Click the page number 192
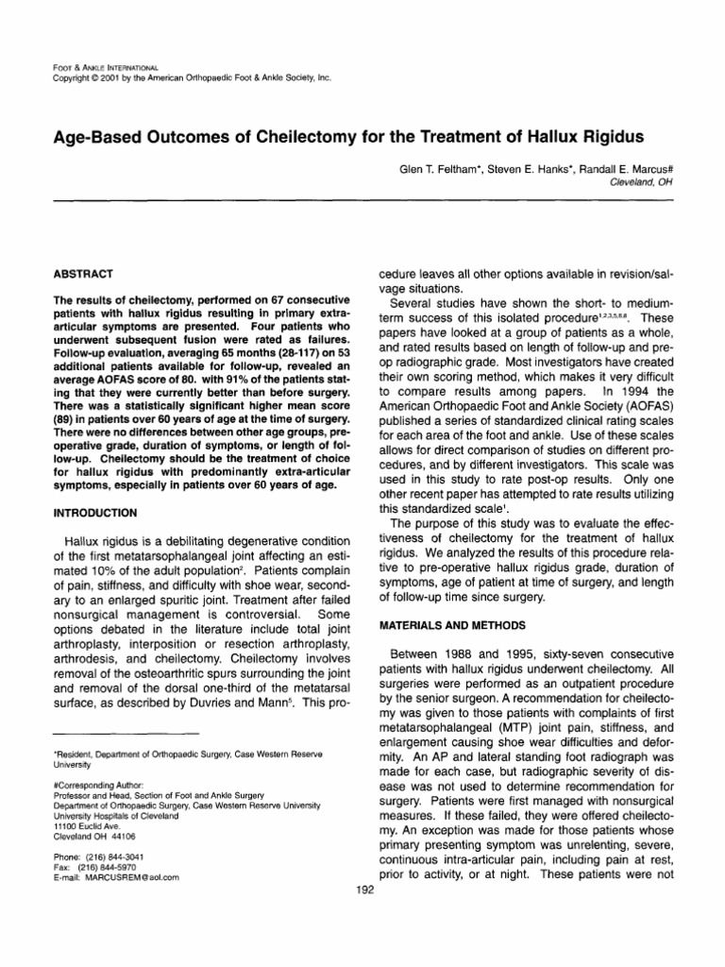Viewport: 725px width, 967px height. coord(362,890)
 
